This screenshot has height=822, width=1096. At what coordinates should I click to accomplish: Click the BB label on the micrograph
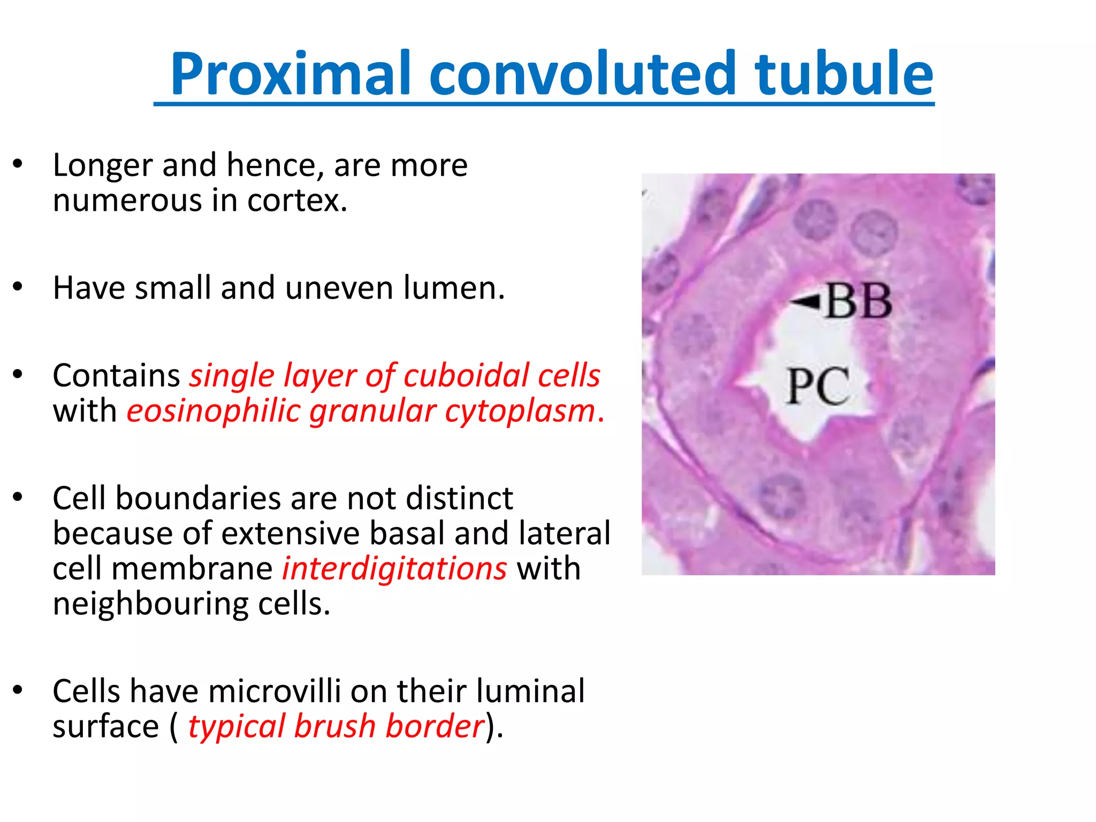pyautogui.click(x=859, y=301)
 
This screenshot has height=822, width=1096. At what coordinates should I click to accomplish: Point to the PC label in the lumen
pyautogui.click(x=818, y=387)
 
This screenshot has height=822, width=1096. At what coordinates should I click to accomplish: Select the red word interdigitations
pyautogui.click(x=394, y=568)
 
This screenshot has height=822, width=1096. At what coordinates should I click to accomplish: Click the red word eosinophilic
pyautogui.click(x=213, y=411)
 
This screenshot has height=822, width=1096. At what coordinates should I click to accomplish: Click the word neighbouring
pyautogui.click(x=150, y=604)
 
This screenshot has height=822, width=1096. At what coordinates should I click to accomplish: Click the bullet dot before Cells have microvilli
pyautogui.click(x=18, y=690)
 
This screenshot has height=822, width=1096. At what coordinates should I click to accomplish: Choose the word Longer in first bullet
pyautogui.click(x=102, y=165)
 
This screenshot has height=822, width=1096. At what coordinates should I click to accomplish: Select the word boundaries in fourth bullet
pyautogui.click(x=197, y=498)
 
